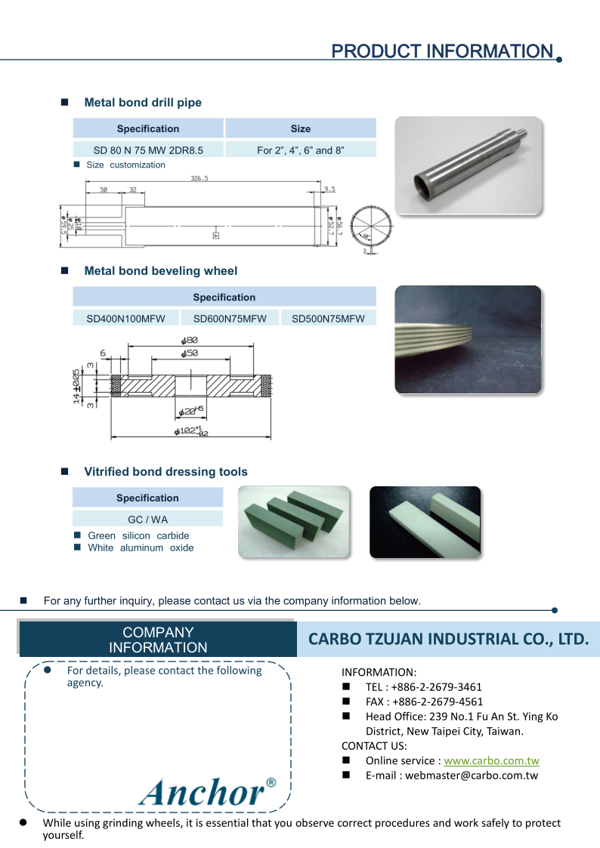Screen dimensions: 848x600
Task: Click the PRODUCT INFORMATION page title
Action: (x=442, y=51)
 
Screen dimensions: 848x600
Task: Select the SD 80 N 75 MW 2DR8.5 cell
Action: (x=148, y=150)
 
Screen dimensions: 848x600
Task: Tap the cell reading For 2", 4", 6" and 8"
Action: (x=301, y=150)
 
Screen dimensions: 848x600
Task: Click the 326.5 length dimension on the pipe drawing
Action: (x=199, y=179)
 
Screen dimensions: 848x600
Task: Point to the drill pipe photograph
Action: (x=469, y=166)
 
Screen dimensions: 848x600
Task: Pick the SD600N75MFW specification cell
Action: (x=230, y=319)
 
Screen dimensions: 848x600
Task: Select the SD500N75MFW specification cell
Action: (x=328, y=319)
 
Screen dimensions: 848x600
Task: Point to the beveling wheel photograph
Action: (x=468, y=339)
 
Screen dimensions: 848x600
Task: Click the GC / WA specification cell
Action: (x=148, y=520)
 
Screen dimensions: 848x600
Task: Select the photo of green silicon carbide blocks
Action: (x=294, y=522)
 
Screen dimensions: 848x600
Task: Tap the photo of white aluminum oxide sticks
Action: (x=425, y=522)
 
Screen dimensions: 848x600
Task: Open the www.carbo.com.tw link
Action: (x=491, y=760)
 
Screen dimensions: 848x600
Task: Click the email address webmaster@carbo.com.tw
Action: (x=472, y=776)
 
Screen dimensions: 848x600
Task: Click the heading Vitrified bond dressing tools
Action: (x=165, y=472)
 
